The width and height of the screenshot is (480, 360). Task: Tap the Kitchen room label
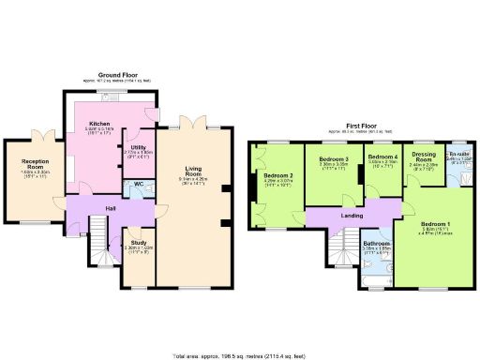100,124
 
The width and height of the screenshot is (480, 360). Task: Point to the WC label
138,184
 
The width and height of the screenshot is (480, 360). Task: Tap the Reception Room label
35,165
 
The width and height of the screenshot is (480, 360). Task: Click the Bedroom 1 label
433,225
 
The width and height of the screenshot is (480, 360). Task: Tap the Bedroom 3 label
334,160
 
